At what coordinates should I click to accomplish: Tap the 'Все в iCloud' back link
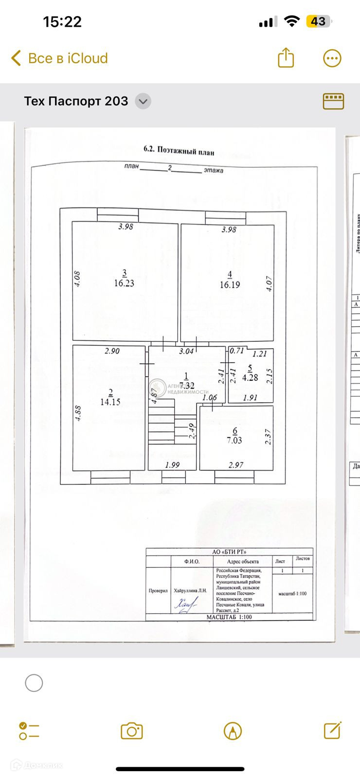click(x=59, y=58)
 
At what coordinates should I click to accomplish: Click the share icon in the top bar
click(x=286, y=58)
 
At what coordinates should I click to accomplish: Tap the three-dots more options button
click(x=333, y=58)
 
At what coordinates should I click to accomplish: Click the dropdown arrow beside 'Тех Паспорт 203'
click(x=143, y=102)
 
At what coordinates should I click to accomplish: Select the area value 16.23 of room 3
click(x=124, y=283)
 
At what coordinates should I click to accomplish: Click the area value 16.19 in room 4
click(x=230, y=285)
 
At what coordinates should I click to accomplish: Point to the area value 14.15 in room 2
click(x=110, y=402)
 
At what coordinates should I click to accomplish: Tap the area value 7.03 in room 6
click(x=234, y=441)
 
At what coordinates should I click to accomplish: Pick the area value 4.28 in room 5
click(x=250, y=377)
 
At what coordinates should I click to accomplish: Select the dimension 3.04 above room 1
click(x=186, y=351)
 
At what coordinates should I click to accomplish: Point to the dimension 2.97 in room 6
click(x=236, y=465)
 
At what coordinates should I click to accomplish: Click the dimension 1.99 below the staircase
click(x=172, y=465)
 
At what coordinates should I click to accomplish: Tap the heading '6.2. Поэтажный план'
click(x=179, y=150)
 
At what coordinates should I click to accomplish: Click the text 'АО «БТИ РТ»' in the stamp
click(x=230, y=552)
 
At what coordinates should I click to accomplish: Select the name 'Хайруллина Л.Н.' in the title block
click(x=191, y=591)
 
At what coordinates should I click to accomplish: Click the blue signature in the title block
click(x=186, y=604)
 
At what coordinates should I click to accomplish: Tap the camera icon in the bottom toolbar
click(x=131, y=731)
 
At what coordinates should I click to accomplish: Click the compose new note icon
click(x=332, y=730)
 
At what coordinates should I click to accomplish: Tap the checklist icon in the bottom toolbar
click(x=29, y=731)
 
